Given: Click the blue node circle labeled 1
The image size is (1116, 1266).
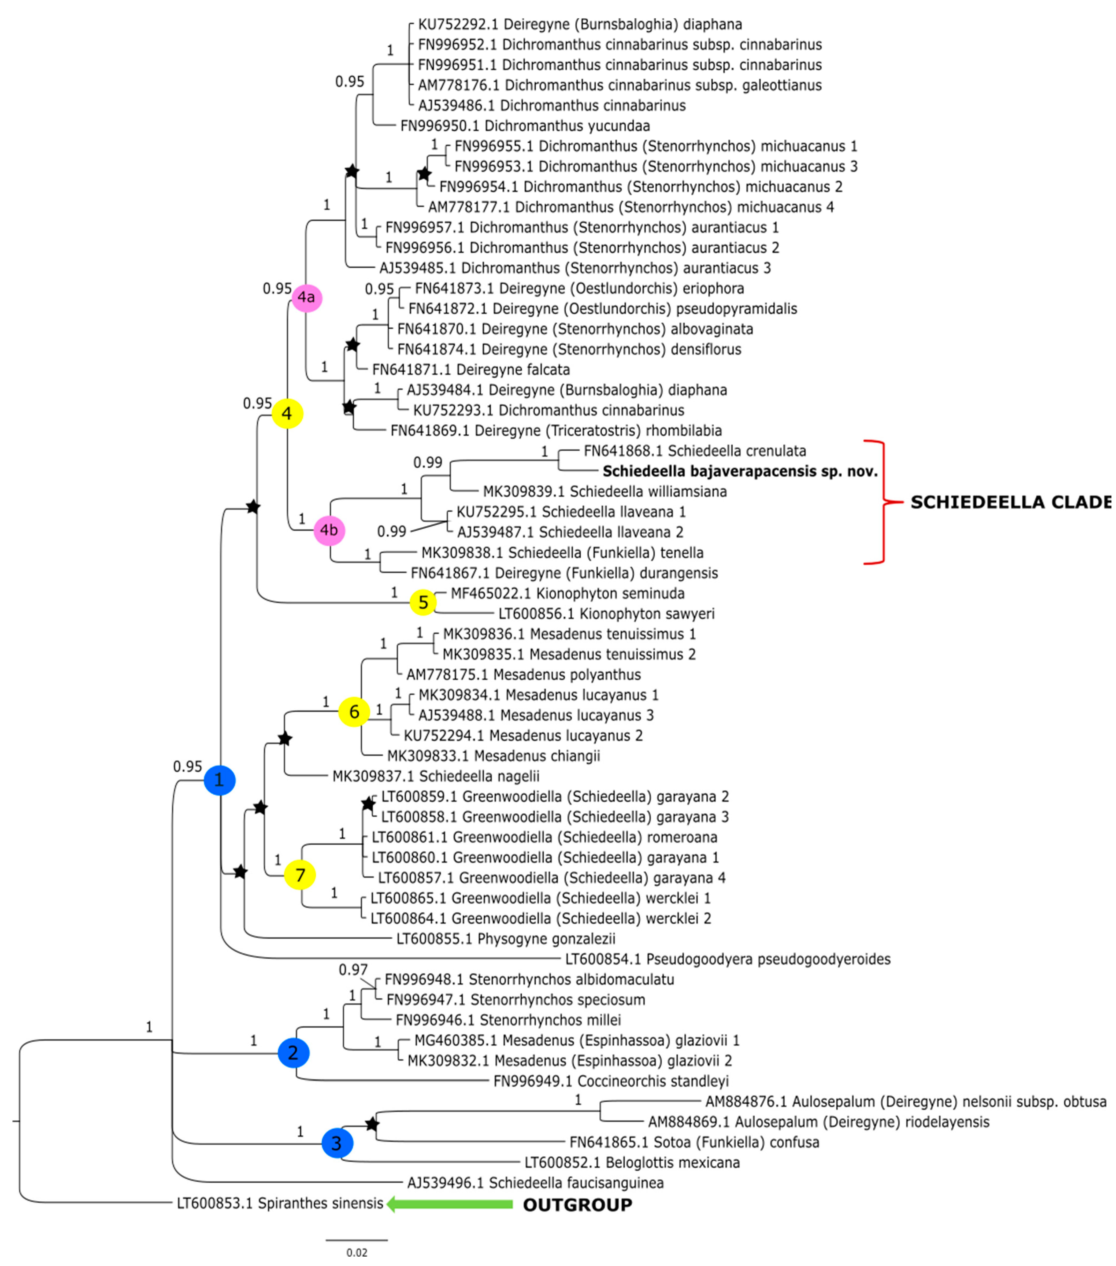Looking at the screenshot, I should click(219, 780).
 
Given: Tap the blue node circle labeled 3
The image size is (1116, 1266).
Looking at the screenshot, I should click(337, 1143).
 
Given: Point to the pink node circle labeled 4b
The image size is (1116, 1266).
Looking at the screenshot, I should click(329, 530).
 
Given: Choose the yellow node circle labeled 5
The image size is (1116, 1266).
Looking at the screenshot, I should click(423, 602).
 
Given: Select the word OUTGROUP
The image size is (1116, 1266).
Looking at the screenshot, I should click(577, 1205).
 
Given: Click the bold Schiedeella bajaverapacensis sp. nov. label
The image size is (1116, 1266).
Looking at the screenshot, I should click(740, 471).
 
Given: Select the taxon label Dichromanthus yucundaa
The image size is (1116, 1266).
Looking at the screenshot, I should click(525, 126).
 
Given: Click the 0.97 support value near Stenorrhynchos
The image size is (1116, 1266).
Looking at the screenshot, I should click(353, 970).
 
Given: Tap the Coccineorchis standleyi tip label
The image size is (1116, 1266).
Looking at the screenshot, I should click(611, 1082).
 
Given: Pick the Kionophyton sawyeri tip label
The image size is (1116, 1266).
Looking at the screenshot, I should click(606, 614).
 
